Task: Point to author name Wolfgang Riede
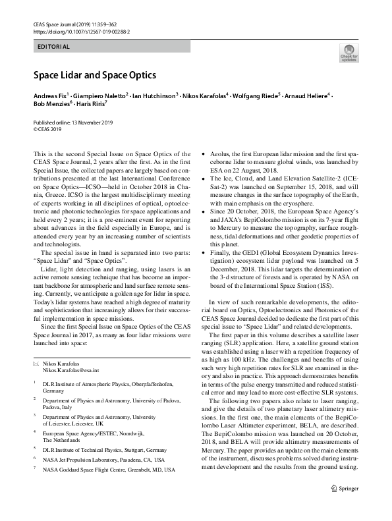pyautogui.click(x=255, y=96)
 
